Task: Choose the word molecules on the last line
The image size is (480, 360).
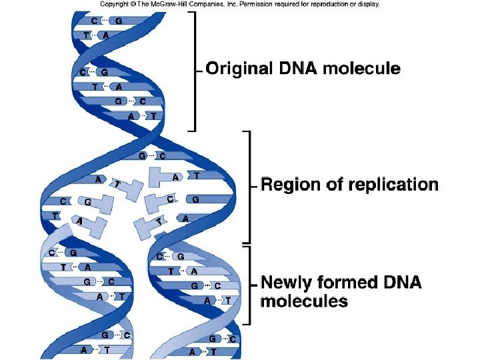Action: [x=304, y=301]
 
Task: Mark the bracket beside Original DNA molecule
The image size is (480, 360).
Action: [x=195, y=70]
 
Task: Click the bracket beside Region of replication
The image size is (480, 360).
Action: [x=249, y=187]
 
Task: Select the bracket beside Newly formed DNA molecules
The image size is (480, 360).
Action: [x=249, y=285]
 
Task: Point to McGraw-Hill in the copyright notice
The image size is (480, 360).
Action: [x=177, y=4]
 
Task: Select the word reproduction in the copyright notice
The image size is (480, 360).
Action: [x=326, y=4]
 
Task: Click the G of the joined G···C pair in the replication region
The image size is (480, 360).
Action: [x=142, y=156]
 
